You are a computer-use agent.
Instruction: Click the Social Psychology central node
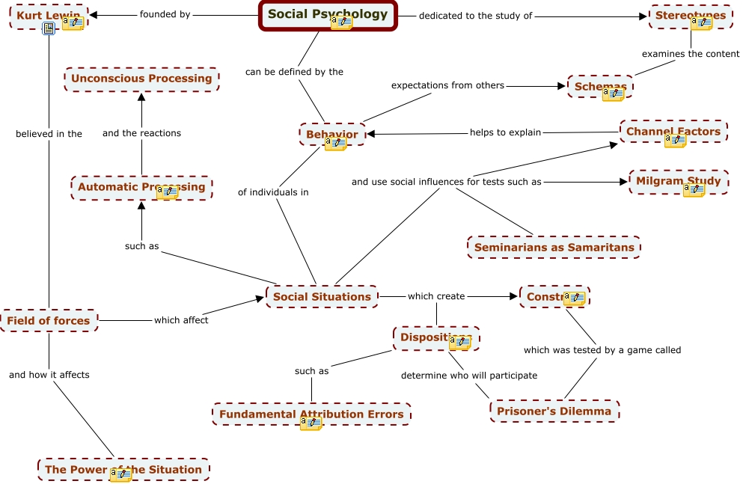(328, 13)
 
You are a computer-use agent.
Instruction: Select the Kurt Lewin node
(41, 15)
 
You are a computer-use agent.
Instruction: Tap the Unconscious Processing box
(141, 79)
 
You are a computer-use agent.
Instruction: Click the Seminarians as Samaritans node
(554, 247)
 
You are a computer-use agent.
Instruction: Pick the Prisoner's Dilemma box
(554, 411)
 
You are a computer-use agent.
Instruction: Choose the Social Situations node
(322, 296)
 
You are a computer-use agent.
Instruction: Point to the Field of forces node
(49, 321)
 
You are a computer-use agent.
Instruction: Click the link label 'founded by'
(165, 14)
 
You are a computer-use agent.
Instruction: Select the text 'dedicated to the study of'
(475, 16)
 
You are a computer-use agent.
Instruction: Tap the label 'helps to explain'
(505, 132)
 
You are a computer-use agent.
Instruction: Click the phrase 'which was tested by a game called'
(602, 349)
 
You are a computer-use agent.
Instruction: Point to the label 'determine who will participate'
(469, 376)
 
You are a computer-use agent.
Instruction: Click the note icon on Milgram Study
(694, 190)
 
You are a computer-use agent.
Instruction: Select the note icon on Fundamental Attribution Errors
(311, 423)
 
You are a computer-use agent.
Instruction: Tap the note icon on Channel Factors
(675, 141)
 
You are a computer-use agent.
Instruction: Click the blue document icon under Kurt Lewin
(49, 29)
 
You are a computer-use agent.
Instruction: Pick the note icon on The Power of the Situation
(120, 475)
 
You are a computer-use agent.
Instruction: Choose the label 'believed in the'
(49, 134)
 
